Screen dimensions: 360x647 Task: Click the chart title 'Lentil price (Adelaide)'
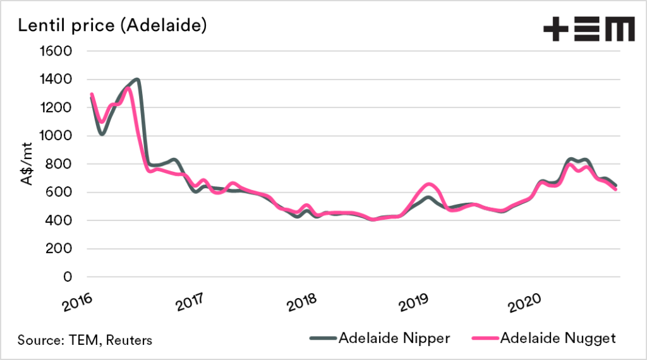click(112, 27)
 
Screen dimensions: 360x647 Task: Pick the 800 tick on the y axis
click(61, 164)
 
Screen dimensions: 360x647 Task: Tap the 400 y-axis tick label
click(61, 220)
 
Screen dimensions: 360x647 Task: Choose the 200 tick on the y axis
click(61, 249)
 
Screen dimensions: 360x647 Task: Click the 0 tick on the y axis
click(70, 277)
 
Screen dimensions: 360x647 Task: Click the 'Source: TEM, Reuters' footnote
click(85, 340)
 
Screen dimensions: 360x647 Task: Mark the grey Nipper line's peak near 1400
click(136, 80)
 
